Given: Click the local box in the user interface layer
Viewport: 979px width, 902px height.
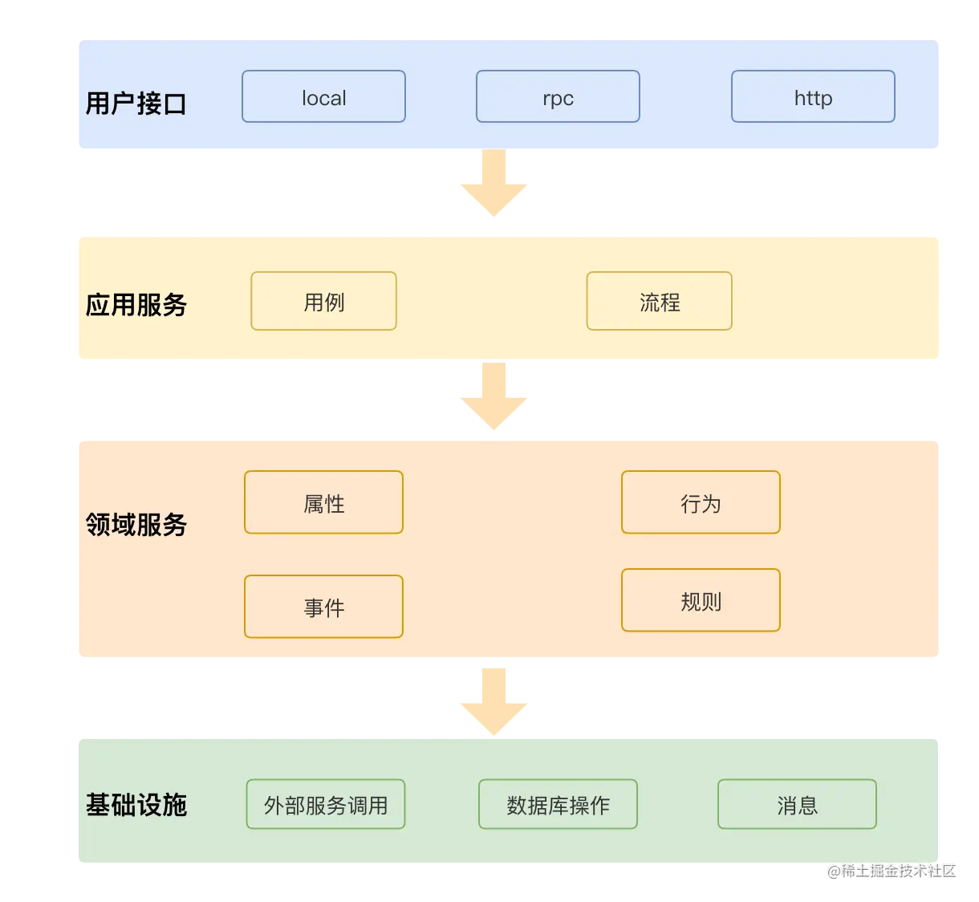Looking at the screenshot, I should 323,97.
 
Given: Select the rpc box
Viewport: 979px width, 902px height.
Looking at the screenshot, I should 558,97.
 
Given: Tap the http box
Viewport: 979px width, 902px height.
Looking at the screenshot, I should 813,97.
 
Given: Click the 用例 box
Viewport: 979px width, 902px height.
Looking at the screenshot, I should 323,302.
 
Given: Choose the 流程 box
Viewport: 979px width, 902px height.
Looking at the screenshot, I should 659,302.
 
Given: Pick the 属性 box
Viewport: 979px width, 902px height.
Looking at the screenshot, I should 323,503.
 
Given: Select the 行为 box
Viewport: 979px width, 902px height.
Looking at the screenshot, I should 701,503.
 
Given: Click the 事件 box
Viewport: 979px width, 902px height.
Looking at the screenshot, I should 323,607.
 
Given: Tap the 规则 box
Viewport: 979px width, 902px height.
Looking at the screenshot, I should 701,601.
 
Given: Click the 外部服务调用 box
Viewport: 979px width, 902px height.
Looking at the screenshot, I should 325,805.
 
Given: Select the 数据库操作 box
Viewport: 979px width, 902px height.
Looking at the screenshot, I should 558,805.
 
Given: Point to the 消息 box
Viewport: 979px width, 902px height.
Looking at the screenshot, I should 797,805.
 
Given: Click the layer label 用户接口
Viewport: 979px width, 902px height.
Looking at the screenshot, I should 136,104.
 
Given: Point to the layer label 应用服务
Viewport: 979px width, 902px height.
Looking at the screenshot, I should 136,305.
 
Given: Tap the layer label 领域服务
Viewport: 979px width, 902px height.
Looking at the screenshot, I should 136,525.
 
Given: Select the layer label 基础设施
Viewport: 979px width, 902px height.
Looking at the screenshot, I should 136,805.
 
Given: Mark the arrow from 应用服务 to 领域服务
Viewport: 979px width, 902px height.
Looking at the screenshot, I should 494,397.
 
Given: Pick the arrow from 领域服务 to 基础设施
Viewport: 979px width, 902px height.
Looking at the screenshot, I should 494,702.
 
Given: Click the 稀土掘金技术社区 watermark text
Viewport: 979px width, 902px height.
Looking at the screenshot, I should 891,870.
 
